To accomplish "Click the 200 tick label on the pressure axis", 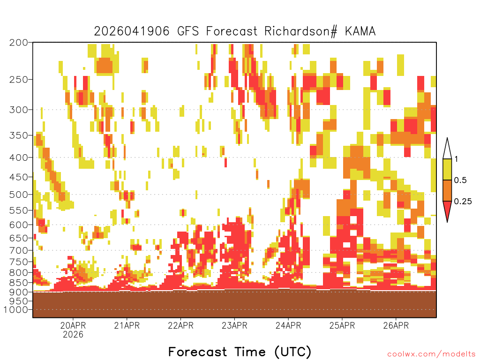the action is [18, 43].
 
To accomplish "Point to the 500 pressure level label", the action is [18, 195].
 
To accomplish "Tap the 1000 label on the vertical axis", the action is [16, 310].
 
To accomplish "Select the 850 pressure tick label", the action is [18, 282].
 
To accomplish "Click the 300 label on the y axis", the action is [18, 110].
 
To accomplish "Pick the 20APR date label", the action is [73, 325].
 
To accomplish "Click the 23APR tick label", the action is [234, 325].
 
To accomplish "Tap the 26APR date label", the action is [396, 325].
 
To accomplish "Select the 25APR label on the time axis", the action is [342, 325].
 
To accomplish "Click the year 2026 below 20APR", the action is [73, 334].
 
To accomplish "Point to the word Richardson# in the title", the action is [301, 31].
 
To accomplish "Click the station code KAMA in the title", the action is [360, 31].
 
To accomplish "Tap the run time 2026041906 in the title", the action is [132, 31].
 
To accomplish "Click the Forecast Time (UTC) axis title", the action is [240, 352].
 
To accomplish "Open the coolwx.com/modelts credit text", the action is [432, 354].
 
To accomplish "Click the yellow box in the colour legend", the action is [447, 169].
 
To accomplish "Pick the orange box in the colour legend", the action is [447, 190].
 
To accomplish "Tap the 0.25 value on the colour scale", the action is [463, 201].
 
